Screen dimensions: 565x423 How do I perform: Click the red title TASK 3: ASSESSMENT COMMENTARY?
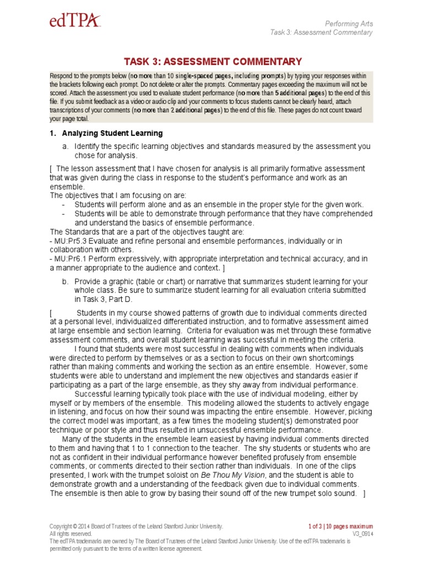[211, 62]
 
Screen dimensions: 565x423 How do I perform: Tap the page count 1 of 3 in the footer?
[321, 526]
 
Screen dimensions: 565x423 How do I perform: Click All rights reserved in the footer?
[70, 534]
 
